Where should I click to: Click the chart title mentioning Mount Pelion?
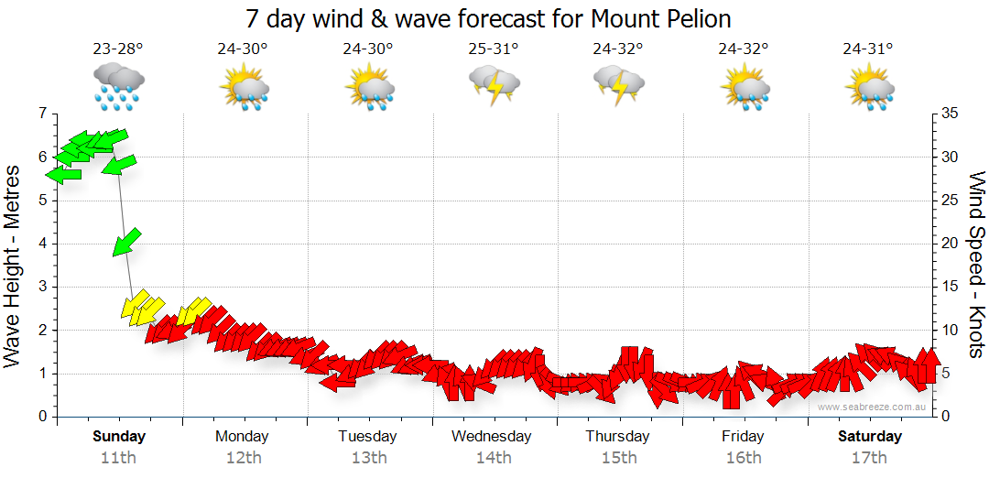coord(488,19)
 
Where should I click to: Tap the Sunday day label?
coord(119,436)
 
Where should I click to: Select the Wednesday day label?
coord(491,436)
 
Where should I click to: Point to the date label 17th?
coord(869,458)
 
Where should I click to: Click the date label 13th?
coord(368,458)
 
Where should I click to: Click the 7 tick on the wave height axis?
coord(41,114)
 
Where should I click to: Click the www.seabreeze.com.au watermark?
coord(873,407)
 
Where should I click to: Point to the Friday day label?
coord(743,436)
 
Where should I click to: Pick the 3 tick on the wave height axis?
coord(41,287)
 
